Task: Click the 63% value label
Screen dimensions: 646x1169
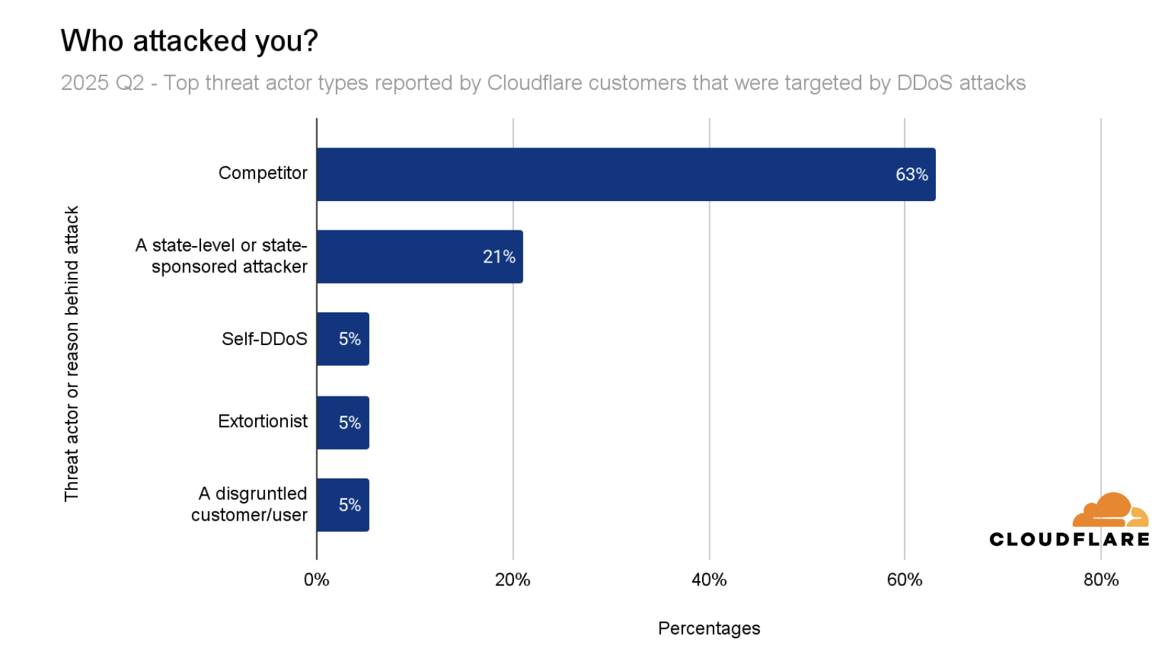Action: click(x=912, y=175)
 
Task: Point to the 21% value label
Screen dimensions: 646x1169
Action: click(x=499, y=257)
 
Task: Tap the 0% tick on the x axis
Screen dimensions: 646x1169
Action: click(x=316, y=580)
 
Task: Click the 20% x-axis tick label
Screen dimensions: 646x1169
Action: click(x=513, y=580)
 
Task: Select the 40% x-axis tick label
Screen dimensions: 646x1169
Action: click(x=709, y=580)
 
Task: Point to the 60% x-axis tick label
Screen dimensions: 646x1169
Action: click(x=905, y=580)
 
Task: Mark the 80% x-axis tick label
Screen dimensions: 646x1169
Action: click(x=1101, y=580)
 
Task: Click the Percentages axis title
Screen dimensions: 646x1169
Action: click(x=709, y=628)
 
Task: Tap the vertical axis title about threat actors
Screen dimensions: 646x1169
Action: click(x=72, y=354)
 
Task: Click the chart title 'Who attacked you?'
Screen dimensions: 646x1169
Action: click(x=189, y=41)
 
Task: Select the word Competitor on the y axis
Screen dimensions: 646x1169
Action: click(x=262, y=173)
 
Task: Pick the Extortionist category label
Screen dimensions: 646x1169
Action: click(x=262, y=421)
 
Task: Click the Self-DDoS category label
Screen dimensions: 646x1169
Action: click(x=264, y=339)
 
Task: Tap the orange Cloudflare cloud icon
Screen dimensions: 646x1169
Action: click(x=1111, y=511)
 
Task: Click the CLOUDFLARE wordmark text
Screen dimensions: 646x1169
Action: click(x=1069, y=540)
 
